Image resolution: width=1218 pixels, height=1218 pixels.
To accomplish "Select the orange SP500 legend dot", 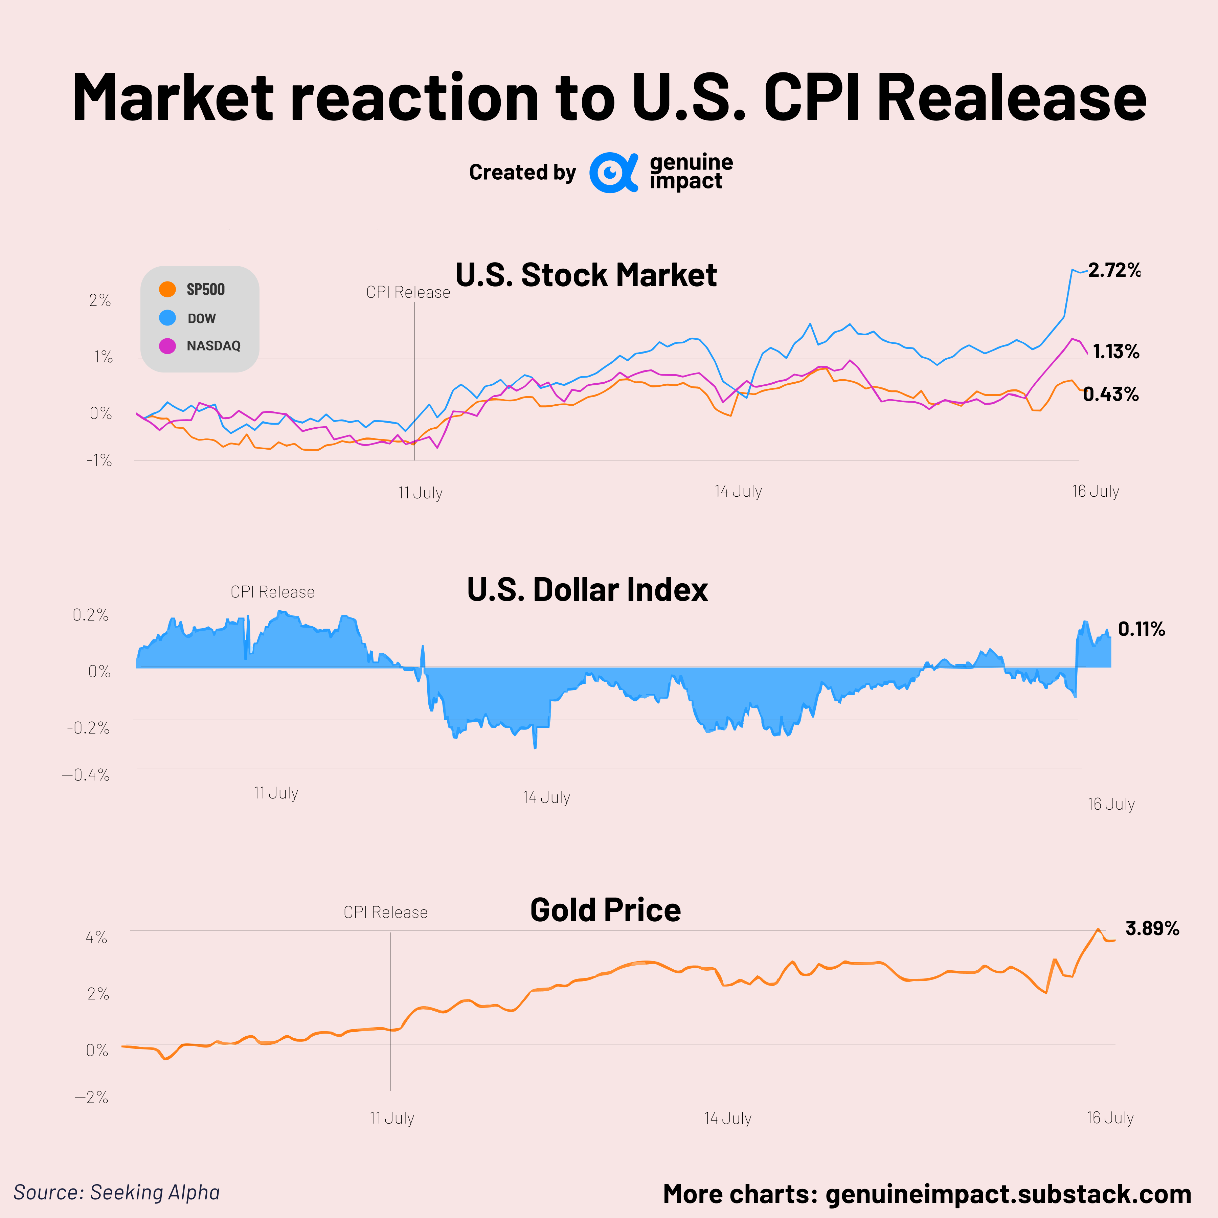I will click(x=167, y=289).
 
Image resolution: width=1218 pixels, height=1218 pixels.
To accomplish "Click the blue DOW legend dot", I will click(x=167, y=318).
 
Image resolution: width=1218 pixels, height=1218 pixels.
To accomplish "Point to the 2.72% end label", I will click(x=1114, y=270).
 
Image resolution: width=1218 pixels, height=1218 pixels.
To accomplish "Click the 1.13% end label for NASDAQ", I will click(x=1115, y=352).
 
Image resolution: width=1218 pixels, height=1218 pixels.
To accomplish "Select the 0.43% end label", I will click(x=1111, y=394).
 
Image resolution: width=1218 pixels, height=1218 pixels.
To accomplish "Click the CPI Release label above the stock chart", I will click(x=408, y=293).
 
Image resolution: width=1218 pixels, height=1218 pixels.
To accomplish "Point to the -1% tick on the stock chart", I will click(x=99, y=461).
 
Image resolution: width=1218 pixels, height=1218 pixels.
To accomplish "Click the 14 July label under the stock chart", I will click(x=738, y=491).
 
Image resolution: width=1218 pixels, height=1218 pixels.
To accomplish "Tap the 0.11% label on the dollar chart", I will click(x=1141, y=629).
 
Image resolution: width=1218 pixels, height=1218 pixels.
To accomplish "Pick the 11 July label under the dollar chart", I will click(x=275, y=793).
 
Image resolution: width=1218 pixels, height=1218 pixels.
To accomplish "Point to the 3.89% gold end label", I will click(x=1152, y=929).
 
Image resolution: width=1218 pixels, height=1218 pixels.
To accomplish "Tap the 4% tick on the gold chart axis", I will click(x=96, y=938).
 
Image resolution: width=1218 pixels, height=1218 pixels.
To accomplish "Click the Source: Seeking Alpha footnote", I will click(x=117, y=1192).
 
